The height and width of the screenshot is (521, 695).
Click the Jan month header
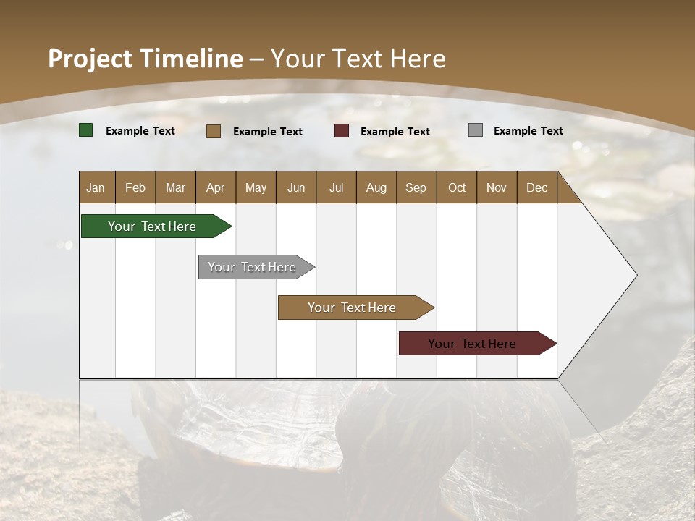96,187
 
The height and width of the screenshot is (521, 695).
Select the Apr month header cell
216,187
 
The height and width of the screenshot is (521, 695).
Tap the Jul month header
336,187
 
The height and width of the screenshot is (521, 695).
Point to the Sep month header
416,187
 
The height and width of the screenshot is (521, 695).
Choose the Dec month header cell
536,187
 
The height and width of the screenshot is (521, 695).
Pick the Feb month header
135,187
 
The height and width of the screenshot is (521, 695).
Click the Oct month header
457,187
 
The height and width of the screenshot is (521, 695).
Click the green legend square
86,130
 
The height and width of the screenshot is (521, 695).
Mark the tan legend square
214,131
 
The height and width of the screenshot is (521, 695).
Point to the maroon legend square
342,131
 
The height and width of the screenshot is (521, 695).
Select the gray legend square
476,130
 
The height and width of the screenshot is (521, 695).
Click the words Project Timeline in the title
145,59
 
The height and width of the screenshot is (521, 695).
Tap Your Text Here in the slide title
358,59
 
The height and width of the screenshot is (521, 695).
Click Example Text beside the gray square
528,131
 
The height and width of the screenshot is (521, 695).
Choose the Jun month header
296,187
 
